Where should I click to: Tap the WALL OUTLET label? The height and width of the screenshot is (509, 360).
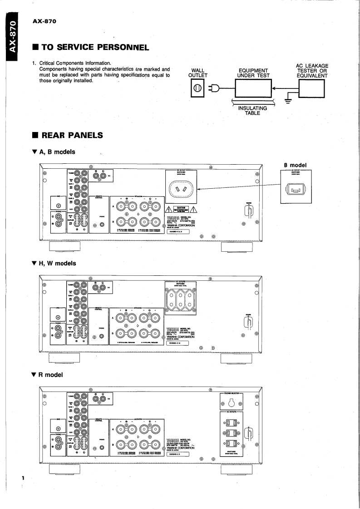tap(198, 73)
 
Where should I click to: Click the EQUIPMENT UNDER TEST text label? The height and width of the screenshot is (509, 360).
tap(253, 73)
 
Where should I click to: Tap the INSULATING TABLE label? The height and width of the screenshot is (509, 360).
tap(253, 111)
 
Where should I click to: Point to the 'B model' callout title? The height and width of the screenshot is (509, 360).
tap(296, 165)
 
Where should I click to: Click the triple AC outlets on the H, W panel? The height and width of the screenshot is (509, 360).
tap(180, 299)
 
